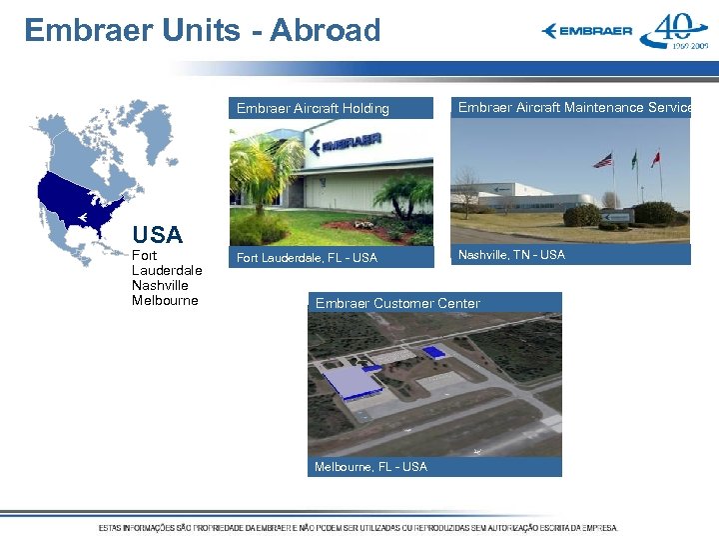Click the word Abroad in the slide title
pyautogui.click(x=325, y=30)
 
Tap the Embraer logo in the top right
pyautogui.click(x=587, y=31)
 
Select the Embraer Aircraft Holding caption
pyautogui.click(x=313, y=108)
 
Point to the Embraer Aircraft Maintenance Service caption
pyautogui.click(x=574, y=107)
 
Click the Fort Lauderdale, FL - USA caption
pyautogui.click(x=307, y=258)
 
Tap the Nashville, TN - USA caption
pyautogui.click(x=511, y=255)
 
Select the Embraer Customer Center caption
pyautogui.click(x=397, y=303)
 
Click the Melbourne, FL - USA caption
pyautogui.click(x=370, y=467)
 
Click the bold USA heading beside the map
pyautogui.click(x=158, y=236)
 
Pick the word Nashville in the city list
pyautogui.click(x=159, y=285)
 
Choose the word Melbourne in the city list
pyautogui.click(x=165, y=300)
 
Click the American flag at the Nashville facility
pyautogui.click(x=603, y=160)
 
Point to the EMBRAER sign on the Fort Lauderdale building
pyautogui.click(x=350, y=142)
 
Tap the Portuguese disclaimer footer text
pyautogui.click(x=358, y=527)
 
